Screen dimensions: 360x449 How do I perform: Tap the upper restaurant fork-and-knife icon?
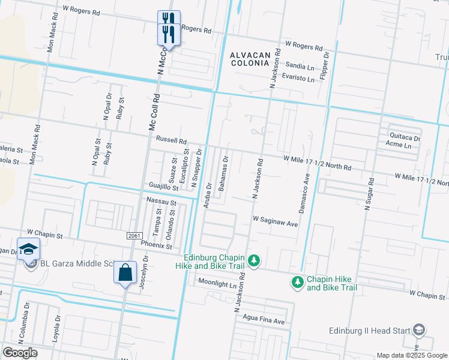pyautogui.click(x=168, y=18)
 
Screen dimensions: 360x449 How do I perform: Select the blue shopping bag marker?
pyautogui.click(x=125, y=272)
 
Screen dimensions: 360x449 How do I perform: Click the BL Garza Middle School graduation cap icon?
pyautogui.click(x=28, y=249)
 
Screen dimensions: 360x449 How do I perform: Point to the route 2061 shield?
pyautogui.click(x=134, y=236)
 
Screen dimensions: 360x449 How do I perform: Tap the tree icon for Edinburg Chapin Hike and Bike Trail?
pyautogui.click(x=255, y=260)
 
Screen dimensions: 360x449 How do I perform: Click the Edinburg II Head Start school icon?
pyautogui.click(x=419, y=330)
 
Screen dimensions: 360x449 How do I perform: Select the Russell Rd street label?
pyautogui.click(x=172, y=139)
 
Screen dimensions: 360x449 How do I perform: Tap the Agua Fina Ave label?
pyautogui.click(x=263, y=320)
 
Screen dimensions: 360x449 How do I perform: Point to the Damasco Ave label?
pyautogui.click(x=305, y=194)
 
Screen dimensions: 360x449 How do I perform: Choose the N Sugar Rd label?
pyautogui.click(x=369, y=193)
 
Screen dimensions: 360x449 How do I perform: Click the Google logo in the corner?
pyautogui.click(x=19, y=353)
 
